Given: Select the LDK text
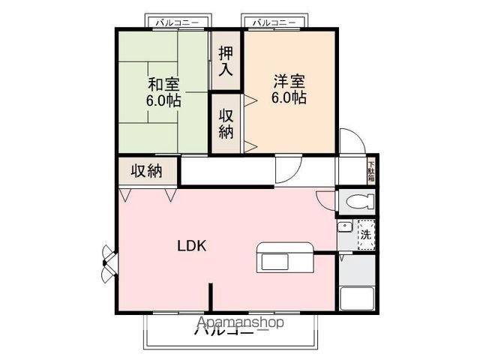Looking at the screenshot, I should point(192,245).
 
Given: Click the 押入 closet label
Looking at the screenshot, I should point(226,62).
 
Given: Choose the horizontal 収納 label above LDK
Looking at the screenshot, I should point(147,170).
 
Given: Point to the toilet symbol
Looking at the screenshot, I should point(358,202).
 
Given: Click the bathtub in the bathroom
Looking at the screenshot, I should point(358,298).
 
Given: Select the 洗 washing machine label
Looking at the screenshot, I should point(366,233).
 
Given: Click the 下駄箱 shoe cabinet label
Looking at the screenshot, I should point(370,172).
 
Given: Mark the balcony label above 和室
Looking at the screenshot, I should point(177,22).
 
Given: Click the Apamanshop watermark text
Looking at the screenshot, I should point(239,323).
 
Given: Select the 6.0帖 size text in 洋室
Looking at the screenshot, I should point(289,97).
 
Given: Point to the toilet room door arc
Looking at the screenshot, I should point(325,200).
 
